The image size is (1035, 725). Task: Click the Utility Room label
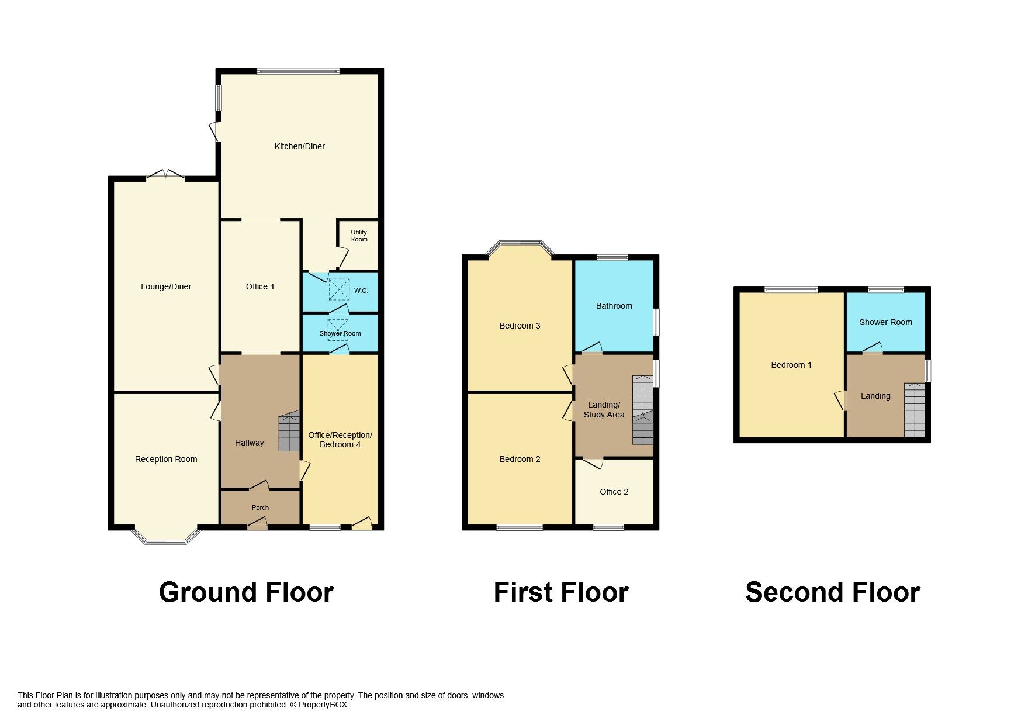(x=359, y=236)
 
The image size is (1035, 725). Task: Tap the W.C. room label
(x=361, y=291)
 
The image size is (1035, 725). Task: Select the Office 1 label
(x=260, y=286)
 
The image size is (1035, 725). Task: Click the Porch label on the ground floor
(x=260, y=508)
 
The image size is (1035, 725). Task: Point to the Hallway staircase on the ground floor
(x=289, y=432)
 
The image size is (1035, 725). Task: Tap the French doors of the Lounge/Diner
(x=165, y=175)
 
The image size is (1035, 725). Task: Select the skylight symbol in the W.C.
(x=338, y=289)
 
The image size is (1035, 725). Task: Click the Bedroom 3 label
(x=520, y=326)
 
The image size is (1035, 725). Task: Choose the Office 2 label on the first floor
(x=614, y=492)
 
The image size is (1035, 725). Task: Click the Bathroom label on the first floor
(x=614, y=306)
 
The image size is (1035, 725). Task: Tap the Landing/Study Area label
(x=604, y=409)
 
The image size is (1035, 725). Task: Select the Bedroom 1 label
(x=791, y=365)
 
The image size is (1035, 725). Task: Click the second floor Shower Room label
(x=885, y=322)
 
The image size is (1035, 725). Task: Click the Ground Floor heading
(x=246, y=592)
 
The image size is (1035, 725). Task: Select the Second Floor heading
(x=832, y=592)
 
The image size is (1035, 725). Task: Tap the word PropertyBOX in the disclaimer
(x=323, y=705)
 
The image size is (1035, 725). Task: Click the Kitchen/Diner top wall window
(x=298, y=72)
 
